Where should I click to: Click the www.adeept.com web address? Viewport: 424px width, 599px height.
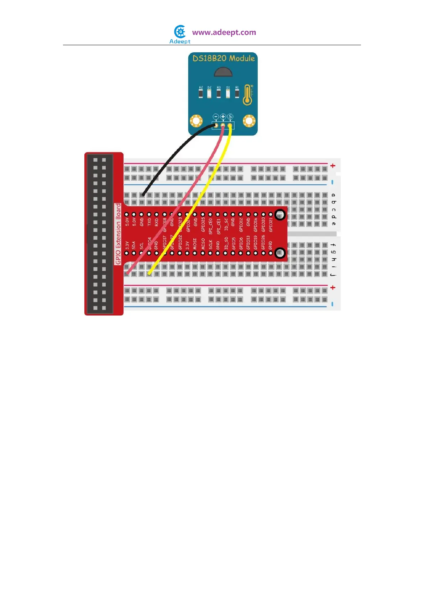pos(224,32)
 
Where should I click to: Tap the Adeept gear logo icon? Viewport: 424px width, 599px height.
pos(180,32)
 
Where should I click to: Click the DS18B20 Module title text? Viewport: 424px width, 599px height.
pos(224,58)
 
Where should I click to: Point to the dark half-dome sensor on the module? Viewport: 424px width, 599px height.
pos(223,72)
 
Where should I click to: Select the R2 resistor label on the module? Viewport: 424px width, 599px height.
pos(201,88)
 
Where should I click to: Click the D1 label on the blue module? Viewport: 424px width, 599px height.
pos(228,88)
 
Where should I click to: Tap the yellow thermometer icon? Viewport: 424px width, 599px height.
pos(248,95)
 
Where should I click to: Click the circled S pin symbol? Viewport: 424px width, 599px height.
pos(230,117)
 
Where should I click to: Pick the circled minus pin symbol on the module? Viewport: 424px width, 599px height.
pos(216,117)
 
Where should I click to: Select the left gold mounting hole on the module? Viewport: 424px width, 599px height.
pos(196,121)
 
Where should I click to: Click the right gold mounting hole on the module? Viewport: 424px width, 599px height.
pos(249,121)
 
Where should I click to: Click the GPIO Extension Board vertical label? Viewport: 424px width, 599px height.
pos(118,234)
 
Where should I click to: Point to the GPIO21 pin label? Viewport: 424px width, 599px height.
pos(271,224)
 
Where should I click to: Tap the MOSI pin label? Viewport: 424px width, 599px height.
pos(195,244)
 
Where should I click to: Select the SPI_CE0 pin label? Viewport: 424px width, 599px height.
pos(210,226)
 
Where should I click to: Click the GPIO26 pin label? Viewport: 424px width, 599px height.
pos(263,242)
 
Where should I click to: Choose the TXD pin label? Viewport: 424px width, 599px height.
pos(149,222)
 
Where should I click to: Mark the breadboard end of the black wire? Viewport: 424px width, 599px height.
pos(142,195)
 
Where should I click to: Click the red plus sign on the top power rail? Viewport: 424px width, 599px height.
pos(333,166)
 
